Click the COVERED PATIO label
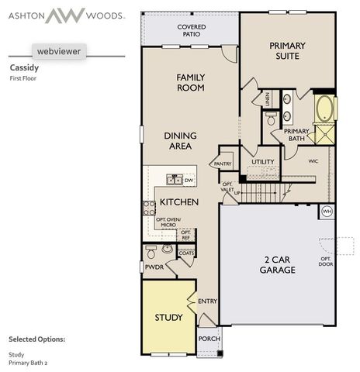(x=190, y=30)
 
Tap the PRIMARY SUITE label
(x=287, y=51)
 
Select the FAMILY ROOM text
(x=190, y=82)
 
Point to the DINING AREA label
(x=180, y=140)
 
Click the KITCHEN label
(x=179, y=202)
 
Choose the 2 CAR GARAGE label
(x=277, y=265)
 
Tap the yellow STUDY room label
(x=168, y=318)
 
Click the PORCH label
(x=209, y=339)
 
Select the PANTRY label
(x=223, y=164)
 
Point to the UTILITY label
(x=263, y=162)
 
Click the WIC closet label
(x=313, y=161)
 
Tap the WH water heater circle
(x=327, y=212)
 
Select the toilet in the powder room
(x=151, y=253)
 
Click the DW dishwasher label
(x=189, y=180)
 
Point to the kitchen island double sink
(x=175, y=181)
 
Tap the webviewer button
(x=58, y=51)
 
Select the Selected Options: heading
(x=36, y=339)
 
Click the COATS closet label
(x=186, y=253)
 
